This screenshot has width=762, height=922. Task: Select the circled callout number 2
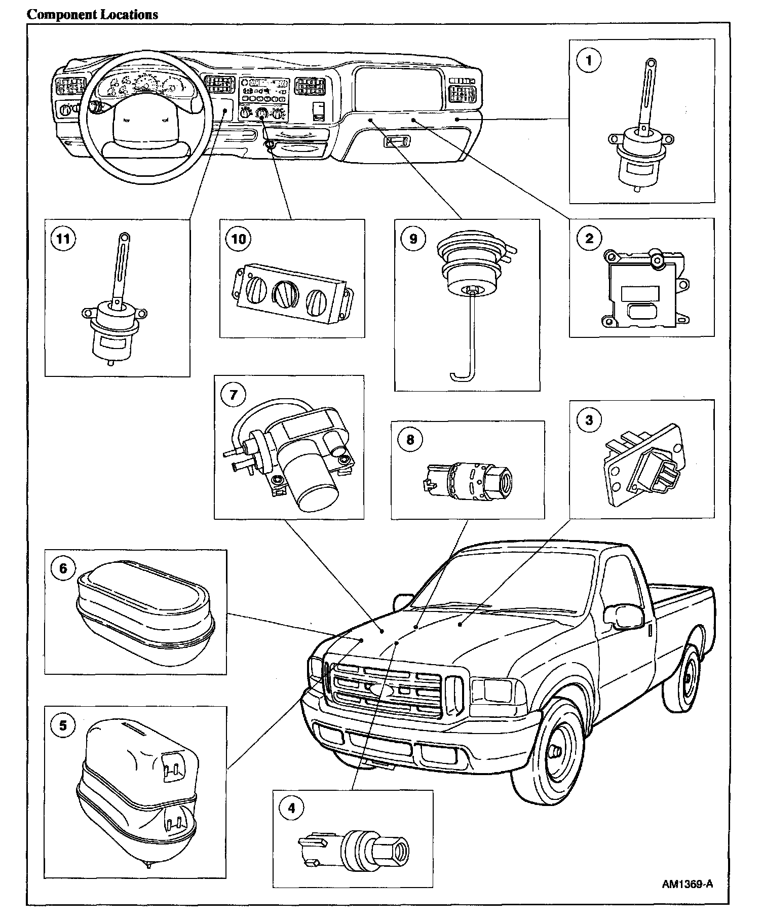(589, 238)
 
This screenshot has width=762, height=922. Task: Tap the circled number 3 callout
(589, 420)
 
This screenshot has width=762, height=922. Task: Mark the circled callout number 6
(63, 568)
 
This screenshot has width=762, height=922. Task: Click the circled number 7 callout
(234, 395)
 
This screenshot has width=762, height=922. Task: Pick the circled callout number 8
(410, 439)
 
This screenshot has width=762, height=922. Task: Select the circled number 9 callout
(413, 238)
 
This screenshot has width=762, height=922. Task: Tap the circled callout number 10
(238, 238)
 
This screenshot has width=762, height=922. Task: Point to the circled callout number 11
(63, 238)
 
